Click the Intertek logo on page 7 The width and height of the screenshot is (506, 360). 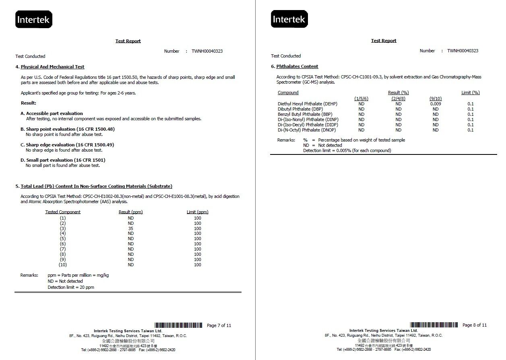pos(34,19)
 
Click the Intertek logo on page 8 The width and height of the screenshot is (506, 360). pos(289,19)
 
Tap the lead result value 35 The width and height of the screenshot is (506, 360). pos(131,228)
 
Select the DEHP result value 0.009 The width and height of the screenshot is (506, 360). pos(436,104)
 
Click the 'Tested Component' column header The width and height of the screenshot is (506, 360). pos(63,212)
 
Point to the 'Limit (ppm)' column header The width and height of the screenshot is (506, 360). pos(197,212)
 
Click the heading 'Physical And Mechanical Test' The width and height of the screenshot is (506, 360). pos(52,67)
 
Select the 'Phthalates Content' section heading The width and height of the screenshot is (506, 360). pos(297,66)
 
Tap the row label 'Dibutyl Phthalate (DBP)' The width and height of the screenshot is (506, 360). pos(300,109)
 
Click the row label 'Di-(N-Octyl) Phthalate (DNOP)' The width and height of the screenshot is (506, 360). pos(307,130)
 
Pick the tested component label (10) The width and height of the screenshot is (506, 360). pos(63,265)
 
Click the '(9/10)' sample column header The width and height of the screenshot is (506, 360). pos(436,99)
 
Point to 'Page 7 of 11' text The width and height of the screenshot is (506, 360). pos(219,325)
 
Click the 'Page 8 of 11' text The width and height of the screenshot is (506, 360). pos(475,325)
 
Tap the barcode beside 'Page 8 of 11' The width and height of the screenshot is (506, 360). pos(434,325)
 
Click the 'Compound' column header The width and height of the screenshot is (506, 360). pos(288,93)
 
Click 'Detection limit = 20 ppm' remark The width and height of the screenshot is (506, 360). pos(71,287)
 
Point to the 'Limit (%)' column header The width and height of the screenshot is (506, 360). pos(471,93)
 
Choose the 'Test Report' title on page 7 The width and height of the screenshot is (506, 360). pos(128,41)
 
